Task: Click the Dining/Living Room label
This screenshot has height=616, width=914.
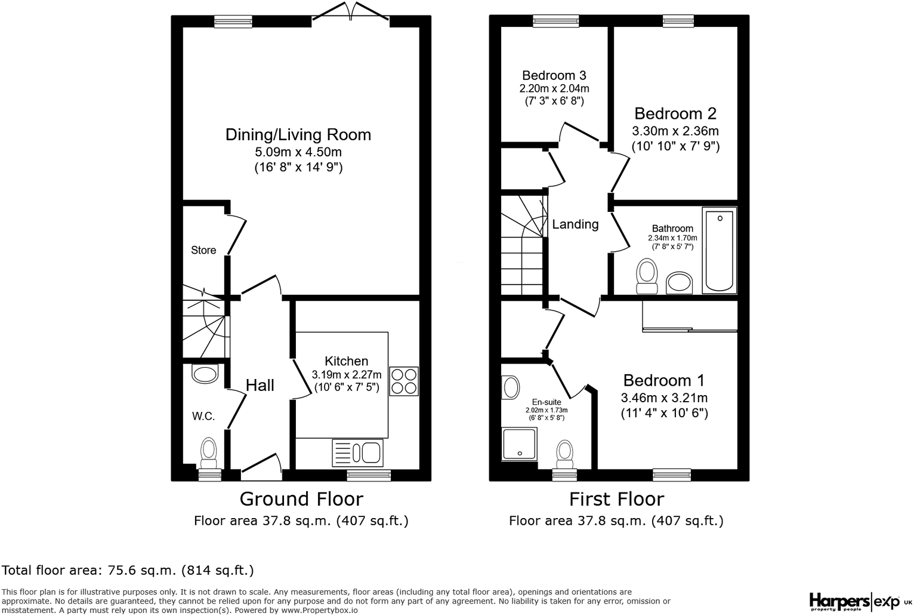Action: [x=298, y=135]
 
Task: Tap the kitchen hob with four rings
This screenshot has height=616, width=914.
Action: [x=404, y=381]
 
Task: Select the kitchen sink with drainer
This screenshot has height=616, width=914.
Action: [x=358, y=452]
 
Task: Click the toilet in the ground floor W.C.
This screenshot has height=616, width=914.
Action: [x=208, y=454]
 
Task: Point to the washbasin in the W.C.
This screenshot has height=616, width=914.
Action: [x=205, y=374]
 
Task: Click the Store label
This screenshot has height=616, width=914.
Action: [x=203, y=250]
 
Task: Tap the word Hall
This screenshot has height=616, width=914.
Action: [x=260, y=385]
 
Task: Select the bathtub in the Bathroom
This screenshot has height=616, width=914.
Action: [x=720, y=250]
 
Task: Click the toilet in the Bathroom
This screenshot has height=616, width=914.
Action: [x=647, y=276]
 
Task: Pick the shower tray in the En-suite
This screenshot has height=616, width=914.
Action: [x=520, y=443]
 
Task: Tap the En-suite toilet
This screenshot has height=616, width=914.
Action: [x=565, y=454]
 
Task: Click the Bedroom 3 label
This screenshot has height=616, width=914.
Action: [x=554, y=75]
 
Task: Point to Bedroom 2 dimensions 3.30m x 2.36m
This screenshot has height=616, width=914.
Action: [x=675, y=131]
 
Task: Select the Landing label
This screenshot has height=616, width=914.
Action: [x=575, y=224]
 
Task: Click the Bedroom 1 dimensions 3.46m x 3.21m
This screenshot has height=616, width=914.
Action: [x=664, y=398]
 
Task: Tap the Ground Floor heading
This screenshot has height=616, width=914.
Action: [x=301, y=499]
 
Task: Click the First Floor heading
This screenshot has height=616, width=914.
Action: [x=616, y=499]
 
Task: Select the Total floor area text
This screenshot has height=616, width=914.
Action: [x=128, y=570]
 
